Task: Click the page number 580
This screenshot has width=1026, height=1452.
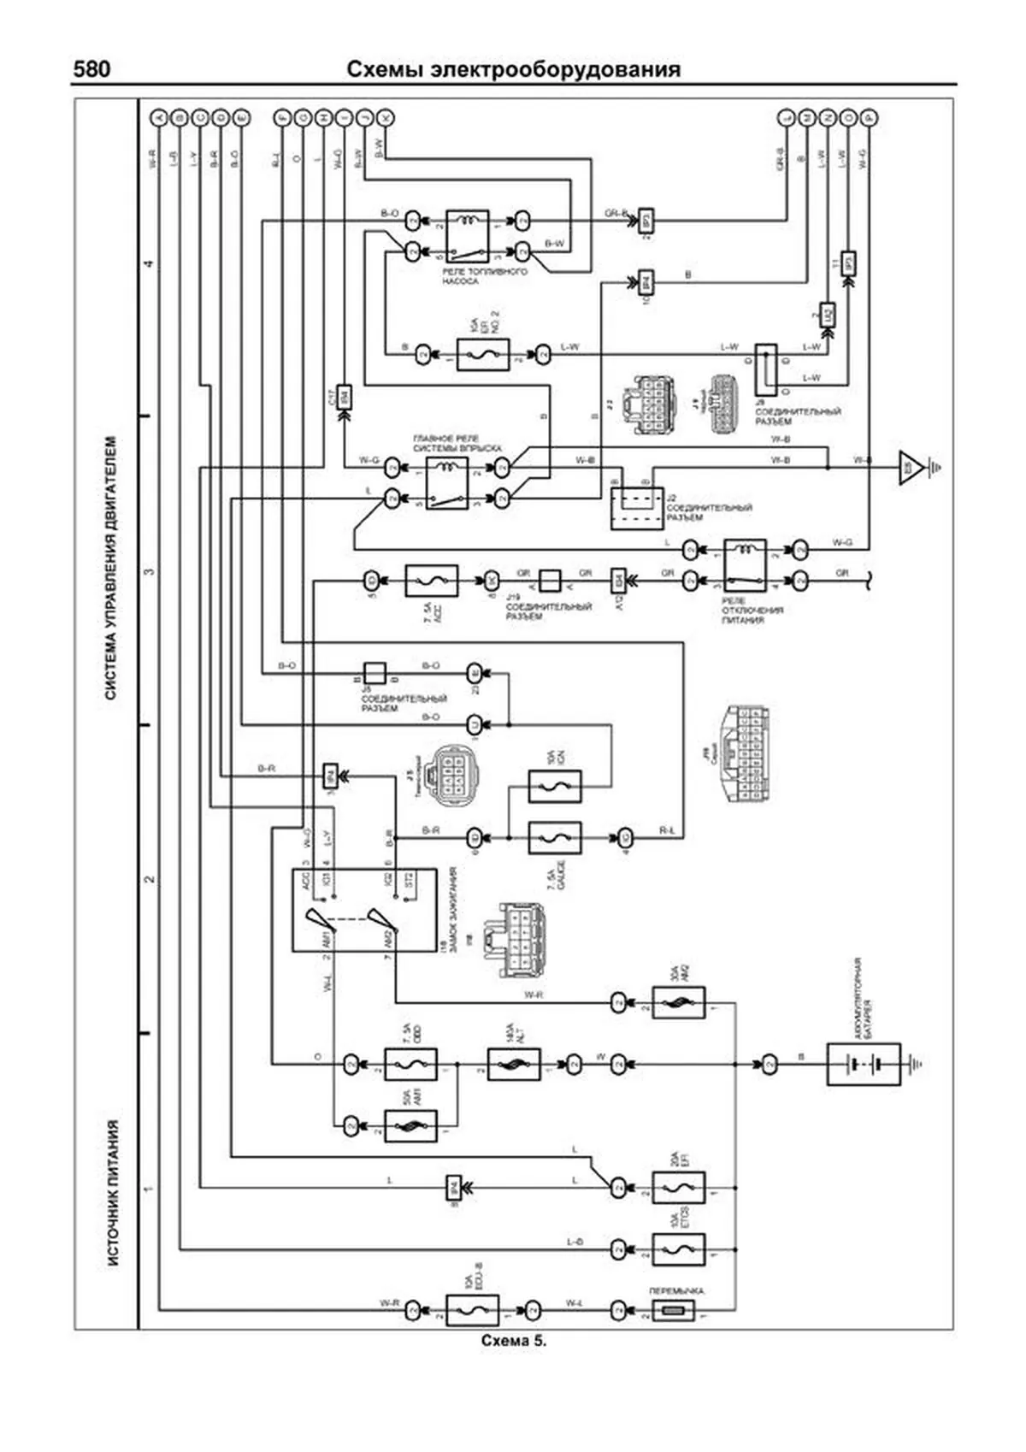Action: coord(92,69)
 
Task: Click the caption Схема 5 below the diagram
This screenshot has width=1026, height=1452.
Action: coord(513,1340)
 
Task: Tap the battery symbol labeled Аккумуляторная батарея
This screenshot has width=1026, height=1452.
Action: coord(864,1064)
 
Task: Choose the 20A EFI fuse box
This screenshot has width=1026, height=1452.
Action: coord(678,1188)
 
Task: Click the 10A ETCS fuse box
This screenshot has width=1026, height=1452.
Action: coord(678,1249)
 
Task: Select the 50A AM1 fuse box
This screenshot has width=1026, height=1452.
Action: coord(410,1126)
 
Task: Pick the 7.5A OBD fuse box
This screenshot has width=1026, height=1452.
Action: coord(410,1065)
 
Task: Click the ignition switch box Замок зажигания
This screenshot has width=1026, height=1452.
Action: coord(364,910)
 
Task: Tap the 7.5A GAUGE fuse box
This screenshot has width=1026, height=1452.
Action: coord(555,837)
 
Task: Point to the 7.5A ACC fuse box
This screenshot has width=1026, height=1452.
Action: coord(431,581)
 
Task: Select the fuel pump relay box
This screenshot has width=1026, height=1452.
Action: coord(467,236)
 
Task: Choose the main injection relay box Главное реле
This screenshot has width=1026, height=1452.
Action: coord(447,482)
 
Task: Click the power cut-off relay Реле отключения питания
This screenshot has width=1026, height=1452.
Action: coord(745,564)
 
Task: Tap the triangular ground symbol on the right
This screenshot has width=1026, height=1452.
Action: coord(912,467)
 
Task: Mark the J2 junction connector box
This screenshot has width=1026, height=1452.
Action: coord(636,508)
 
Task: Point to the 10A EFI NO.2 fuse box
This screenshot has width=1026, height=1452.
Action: coord(483,354)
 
